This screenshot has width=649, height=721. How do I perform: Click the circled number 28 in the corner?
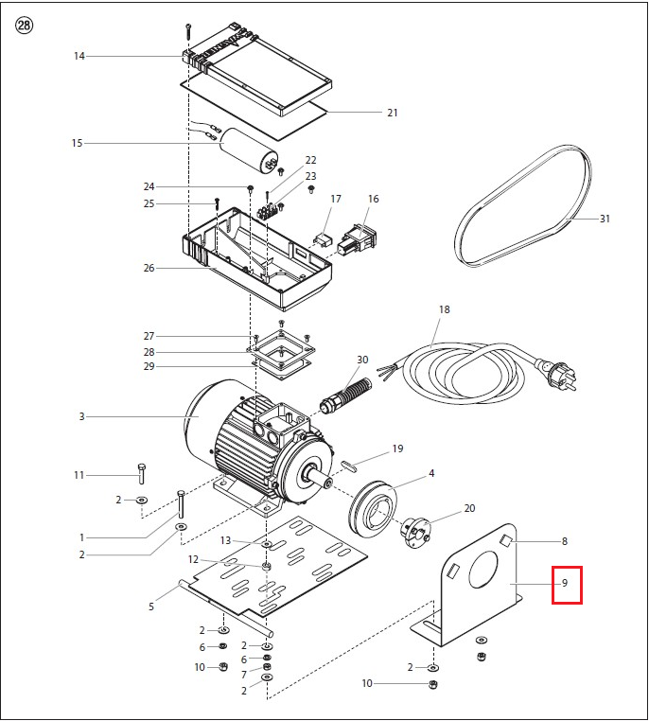tap(24, 25)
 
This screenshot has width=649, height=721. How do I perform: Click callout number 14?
tap(79, 56)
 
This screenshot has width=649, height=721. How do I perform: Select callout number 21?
tap(392, 113)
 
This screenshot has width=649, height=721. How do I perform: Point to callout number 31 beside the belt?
tap(605, 219)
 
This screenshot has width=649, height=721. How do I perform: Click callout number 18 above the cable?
tap(444, 310)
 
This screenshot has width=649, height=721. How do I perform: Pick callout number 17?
tap(335, 199)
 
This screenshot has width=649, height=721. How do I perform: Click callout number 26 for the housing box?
tap(149, 268)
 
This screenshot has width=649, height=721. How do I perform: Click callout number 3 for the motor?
tap(81, 415)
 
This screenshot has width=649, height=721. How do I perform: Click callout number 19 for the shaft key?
tap(397, 448)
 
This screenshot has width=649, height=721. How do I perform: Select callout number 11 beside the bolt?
tap(79, 474)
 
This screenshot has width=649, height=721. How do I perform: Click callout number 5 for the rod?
tap(151, 607)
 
